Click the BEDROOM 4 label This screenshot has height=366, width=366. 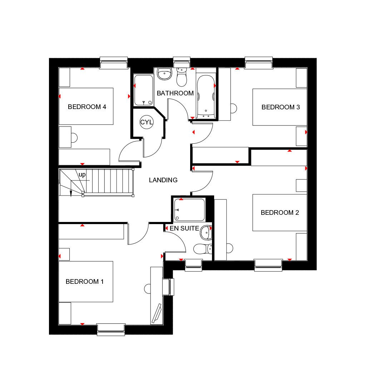[x=87, y=107]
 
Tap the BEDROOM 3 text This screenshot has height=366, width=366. [x=281, y=107]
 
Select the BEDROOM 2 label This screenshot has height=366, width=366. [x=280, y=213]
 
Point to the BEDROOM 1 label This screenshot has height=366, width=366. [x=84, y=282]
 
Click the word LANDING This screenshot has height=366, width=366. [x=163, y=180]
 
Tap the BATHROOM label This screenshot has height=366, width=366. [x=175, y=93]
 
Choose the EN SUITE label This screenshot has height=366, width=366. [x=184, y=228]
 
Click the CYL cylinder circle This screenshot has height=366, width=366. [x=147, y=122]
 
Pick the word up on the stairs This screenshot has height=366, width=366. [x=82, y=174]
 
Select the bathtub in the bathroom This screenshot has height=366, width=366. [x=206, y=97]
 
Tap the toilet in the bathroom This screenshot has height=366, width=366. [x=182, y=77]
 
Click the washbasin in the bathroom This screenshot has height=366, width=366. [x=164, y=74]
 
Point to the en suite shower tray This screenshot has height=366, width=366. [x=189, y=209]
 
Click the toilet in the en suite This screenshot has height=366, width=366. [x=203, y=249]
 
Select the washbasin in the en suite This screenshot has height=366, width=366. [x=206, y=232]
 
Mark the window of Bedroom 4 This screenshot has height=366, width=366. [x=114, y=63]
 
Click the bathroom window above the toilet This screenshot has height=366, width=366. [x=182, y=62]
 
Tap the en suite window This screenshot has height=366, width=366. [x=193, y=265]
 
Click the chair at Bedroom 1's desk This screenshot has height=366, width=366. [x=147, y=289]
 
